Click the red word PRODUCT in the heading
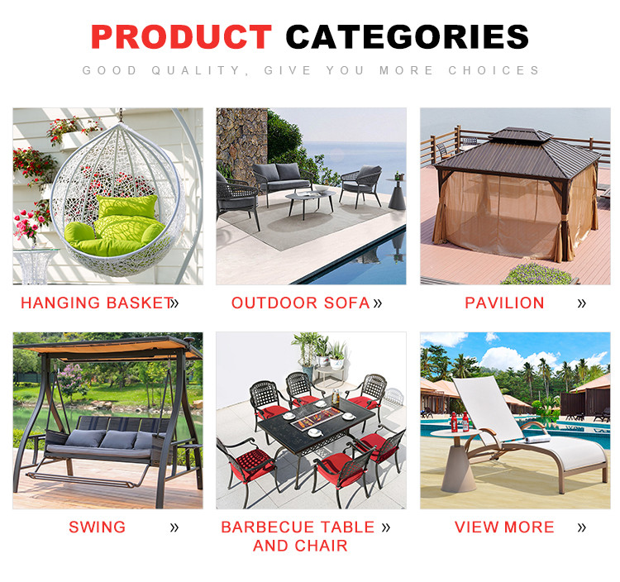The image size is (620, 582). (x=181, y=36)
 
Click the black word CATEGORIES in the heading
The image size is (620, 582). (x=408, y=36)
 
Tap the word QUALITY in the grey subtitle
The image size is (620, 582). (x=196, y=70)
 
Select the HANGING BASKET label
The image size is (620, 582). (x=98, y=303)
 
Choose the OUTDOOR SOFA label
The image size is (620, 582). (x=301, y=303)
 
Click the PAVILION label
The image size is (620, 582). (x=504, y=303)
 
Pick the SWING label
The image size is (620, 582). (x=98, y=527)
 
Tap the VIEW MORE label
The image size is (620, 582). (x=504, y=527)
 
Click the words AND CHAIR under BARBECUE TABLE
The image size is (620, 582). (x=301, y=546)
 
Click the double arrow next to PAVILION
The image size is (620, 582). (x=581, y=303)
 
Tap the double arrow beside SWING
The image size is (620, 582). (x=174, y=527)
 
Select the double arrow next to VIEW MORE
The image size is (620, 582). (x=581, y=527)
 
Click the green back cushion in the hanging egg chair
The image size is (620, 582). (x=127, y=206)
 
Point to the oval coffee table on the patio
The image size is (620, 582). (x=310, y=197)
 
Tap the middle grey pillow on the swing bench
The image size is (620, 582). (x=118, y=439)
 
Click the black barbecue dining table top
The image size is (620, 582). (x=314, y=424)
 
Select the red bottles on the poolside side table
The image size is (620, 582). (x=460, y=422)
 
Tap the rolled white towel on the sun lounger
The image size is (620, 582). (x=537, y=438)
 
